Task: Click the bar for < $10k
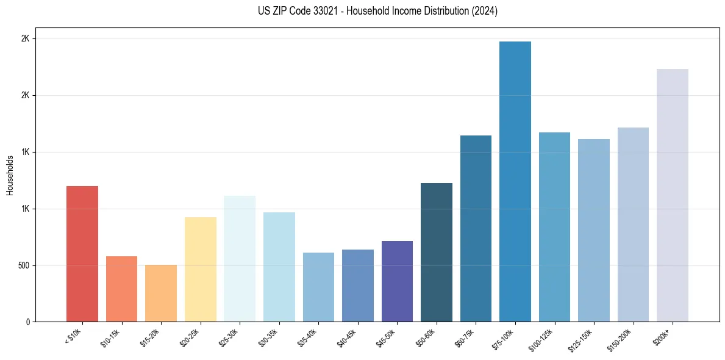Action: (x=82, y=254)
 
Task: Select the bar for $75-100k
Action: (x=515, y=182)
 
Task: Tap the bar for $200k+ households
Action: (x=673, y=195)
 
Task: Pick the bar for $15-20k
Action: (x=161, y=293)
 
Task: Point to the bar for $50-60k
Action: (x=437, y=253)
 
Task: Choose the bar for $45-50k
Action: (x=397, y=281)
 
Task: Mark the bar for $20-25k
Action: (x=200, y=270)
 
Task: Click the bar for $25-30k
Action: (x=240, y=259)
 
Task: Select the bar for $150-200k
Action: (x=633, y=225)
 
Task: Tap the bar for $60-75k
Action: (x=476, y=229)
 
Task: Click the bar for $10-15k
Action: (x=121, y=289)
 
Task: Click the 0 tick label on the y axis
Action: (x=27, y=322)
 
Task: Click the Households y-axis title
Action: (x=10, y=175)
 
